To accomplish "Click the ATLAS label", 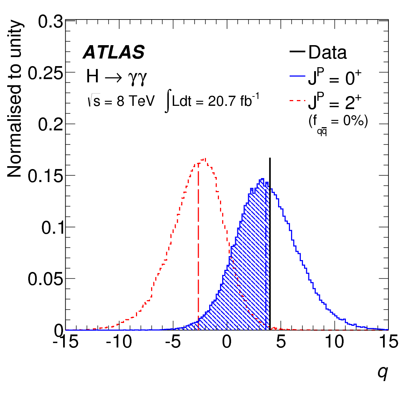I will pyautogui.click(x=114, y=53).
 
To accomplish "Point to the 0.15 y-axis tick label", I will pyautogui.click(x=45, y=176).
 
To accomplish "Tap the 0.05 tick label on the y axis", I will pyautogui.click(x=45, y=279).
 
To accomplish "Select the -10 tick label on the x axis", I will pyautogui.click(x=119, y=341).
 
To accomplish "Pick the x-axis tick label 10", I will pyautogui.click(x=335, y=341).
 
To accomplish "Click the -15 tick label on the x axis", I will pyautogui.click(x=66, y=341).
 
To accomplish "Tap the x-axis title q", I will pyautogui.click(x=383, y=372).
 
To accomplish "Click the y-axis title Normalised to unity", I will pyautogui.click(x=15, y=99).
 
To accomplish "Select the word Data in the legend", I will pyautogui.click(x=327, y=53).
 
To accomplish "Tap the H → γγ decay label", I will pyautogui.click(x=116, y=77).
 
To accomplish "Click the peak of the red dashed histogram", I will pyautogui.click(x=205, y=159).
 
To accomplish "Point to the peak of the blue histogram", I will pyautogui.click(x=262, y=179).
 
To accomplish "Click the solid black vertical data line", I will pyautogui.click(x=270, y=235).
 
